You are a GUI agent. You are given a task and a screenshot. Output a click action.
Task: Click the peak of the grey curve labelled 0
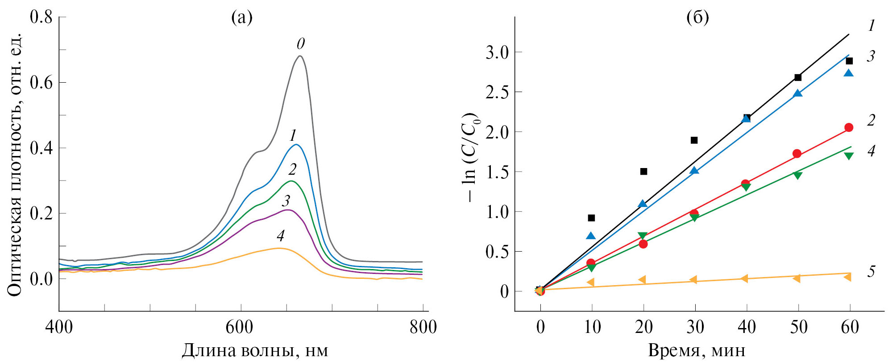click(x=300, y=56)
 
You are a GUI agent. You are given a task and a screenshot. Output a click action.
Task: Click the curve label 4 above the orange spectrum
click(x=281, y=236)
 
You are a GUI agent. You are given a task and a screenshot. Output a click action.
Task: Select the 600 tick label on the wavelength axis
click(x=239, y=327)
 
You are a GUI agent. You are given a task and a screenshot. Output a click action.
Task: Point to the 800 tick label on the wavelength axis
click(x=423, y=327)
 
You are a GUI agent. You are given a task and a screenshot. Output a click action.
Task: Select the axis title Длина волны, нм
click(x=255, y=350)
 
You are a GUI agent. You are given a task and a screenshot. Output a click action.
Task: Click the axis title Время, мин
click(x=697, y=350)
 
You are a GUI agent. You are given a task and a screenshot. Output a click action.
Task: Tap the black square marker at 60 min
click(x=849, y=61)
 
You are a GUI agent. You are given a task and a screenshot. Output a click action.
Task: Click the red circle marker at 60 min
click(x=849, y=127)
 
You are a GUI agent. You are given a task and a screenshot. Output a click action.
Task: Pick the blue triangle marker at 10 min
click(x=591, y=236)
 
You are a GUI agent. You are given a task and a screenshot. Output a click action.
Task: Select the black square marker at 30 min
click(x=694, y=140)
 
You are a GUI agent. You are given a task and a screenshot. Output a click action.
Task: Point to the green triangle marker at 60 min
click(x=849, y=156)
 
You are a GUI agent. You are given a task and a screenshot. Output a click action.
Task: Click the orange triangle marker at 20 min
click(x=642, y=280)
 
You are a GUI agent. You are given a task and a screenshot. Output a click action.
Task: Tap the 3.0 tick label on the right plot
click(x=497, y=52)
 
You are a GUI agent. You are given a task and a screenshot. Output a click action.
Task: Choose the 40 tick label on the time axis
click(x=747, y=327)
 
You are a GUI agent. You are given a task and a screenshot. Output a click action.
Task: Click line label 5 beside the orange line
click(x=871, y=271)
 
